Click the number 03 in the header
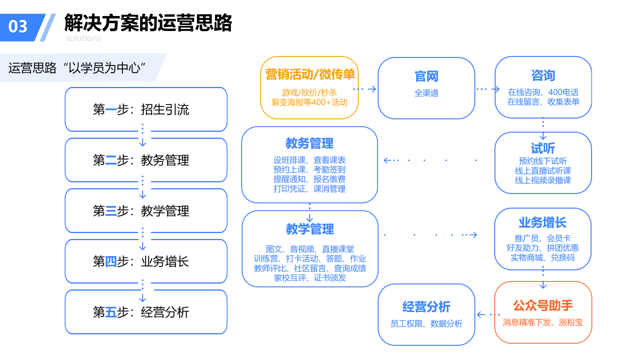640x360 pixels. (17, 26)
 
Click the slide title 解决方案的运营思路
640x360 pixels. (148, 22)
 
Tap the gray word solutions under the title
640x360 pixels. (83, 38)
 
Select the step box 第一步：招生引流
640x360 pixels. (146, 109)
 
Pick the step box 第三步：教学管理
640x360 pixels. (146, 211)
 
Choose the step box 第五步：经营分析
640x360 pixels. (146, 312)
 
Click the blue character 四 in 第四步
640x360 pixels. (111, 261)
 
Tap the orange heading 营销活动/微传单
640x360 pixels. (310, 74)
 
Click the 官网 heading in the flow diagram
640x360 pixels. (426, 76)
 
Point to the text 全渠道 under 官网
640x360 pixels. (426, 93)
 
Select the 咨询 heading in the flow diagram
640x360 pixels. (543, 75)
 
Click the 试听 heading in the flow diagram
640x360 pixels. (543, 148)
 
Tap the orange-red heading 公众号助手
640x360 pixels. (543, 305)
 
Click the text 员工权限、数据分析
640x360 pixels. (426, 323)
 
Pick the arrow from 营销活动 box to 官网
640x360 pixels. (364, 89)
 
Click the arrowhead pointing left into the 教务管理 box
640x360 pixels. (387, 160)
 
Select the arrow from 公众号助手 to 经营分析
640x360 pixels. (488, 314)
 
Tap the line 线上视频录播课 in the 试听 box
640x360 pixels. (543, 180)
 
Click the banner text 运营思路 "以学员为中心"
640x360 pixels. (77, 68)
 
